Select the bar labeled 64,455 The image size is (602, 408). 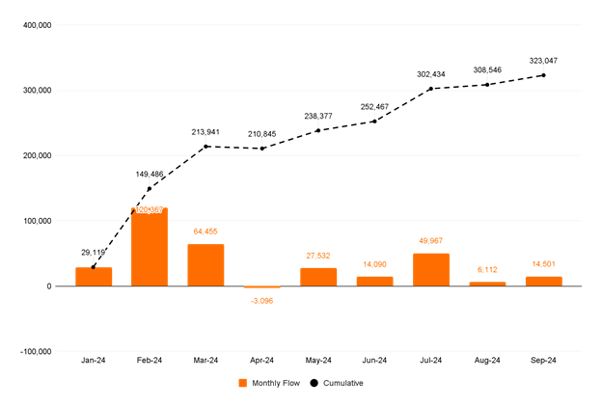tap(205, 265)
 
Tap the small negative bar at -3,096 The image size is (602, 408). tap(261, 286)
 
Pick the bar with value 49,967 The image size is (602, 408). tap(431, 269)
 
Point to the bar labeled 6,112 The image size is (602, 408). tap(487, 284)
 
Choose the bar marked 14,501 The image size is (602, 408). tap(543, 281)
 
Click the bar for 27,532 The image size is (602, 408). tap(318, 276)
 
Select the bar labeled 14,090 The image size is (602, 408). tap(374, 281)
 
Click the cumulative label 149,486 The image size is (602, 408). tap(150, 174)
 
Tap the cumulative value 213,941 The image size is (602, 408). tap(205, 131)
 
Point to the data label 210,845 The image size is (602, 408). tap(261, 133)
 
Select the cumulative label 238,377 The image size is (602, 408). tap(318, 116)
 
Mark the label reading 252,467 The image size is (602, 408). tap(374, 106)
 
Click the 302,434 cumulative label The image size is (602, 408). tap(431, 73)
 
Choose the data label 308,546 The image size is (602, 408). tap(487, 69)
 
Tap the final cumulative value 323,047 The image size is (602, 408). tap(543, 60)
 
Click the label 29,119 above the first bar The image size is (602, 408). tap(93, 252)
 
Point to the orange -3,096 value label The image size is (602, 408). tap(261, 301)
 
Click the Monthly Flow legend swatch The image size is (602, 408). tap(242, 383)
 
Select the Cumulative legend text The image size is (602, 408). tap(343, 383)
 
